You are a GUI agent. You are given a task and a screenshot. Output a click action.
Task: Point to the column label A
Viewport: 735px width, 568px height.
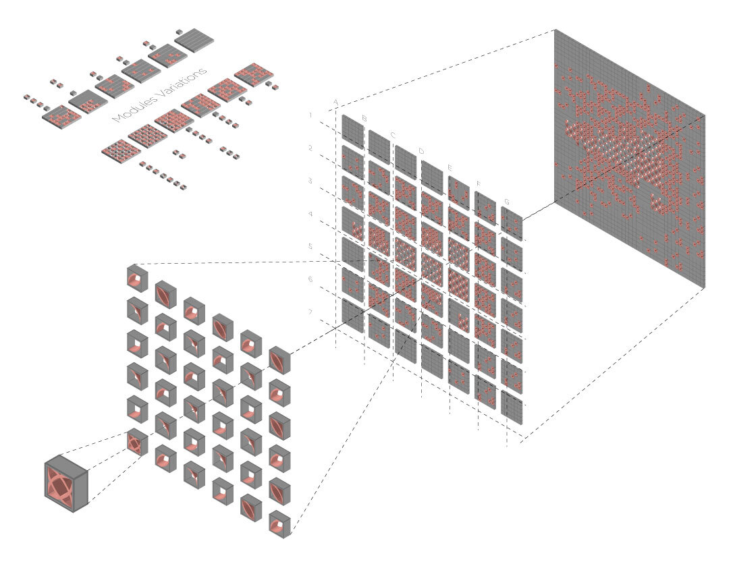pyautogui.click(x=335, y=103)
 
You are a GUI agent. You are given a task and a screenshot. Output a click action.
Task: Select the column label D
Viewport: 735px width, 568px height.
pyautogui.click(x=420, y=150)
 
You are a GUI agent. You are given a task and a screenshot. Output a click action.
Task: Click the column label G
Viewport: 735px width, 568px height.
pyautogui.click(x=507, y=201)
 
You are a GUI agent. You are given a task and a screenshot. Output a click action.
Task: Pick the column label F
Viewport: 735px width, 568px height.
pyautogui.click(x=479, y=183)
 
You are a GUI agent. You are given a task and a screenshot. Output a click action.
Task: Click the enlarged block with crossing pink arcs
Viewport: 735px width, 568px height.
pyautogui.click(x=67, y=482)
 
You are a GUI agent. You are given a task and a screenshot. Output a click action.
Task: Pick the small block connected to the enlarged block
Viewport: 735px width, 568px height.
pyautogui.click(x=135, y=443)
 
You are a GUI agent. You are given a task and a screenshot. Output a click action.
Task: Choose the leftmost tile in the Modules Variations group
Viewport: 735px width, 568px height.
pyautogui.click(x=61, y=116)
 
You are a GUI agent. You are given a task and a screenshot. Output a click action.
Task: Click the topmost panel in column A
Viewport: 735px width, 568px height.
pyautogui.click(x=353, y=129)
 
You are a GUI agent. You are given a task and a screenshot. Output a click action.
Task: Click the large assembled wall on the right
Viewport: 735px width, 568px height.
pyautogui.click(x=628, y=162)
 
